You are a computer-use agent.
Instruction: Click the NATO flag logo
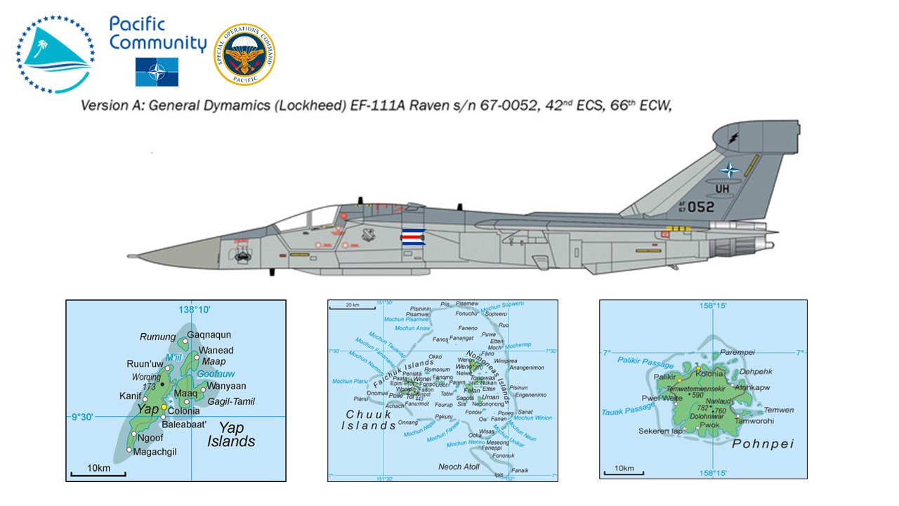click(157, 72)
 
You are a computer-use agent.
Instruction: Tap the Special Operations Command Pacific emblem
click(244, 55)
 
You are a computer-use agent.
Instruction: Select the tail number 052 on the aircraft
click(700, 207)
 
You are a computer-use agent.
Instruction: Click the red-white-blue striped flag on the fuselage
click(414, 237)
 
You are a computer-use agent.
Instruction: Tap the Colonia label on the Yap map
click(185, 411)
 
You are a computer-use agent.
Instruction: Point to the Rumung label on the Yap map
click(157, 337)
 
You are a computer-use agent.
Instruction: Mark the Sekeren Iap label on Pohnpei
click(660, 432)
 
